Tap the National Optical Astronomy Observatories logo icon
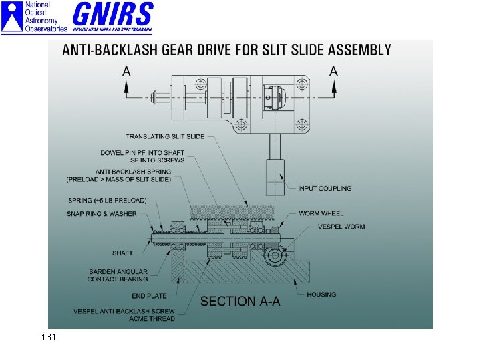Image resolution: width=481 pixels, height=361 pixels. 11,17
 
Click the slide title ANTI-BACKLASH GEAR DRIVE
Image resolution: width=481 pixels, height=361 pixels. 226,49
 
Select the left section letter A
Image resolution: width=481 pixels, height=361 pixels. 126,71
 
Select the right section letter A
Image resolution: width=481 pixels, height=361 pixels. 333,71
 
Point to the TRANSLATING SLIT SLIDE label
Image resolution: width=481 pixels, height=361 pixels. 165,136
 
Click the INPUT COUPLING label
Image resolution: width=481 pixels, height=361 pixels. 324,189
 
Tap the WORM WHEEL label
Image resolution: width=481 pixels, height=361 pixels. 321,213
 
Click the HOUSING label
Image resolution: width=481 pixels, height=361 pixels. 321,295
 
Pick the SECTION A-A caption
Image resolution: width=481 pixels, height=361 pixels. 240,302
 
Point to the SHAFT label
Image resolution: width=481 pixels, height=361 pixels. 122,253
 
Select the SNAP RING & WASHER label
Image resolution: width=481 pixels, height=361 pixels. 102,214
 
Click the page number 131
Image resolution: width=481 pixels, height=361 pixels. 48,338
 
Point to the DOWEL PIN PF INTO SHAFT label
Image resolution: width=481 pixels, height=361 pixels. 142,152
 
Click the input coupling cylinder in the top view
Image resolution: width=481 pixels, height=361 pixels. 275,175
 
